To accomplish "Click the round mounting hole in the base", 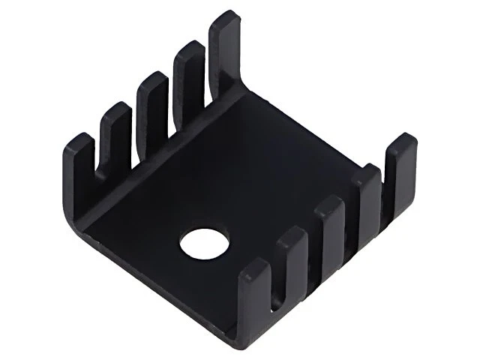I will (x=204, y=244).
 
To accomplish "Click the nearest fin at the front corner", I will (x=253, y=300).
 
